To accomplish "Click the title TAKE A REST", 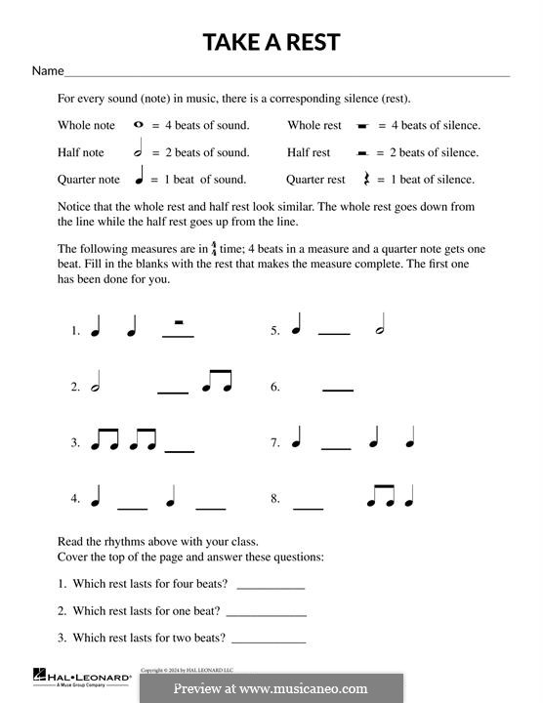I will pos(271,42).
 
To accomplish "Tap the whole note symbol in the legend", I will pos(138,125).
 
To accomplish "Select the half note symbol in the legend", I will pos(138,151).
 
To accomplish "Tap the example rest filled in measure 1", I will pos(178,323).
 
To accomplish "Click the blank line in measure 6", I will pos(338,391).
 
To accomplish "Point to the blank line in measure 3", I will pos(180,450).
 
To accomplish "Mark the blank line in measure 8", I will pos(308,508).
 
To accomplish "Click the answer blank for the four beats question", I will pos(271,589).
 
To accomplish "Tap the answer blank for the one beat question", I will pos(266,615).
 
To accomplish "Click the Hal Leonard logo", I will pos(82,677).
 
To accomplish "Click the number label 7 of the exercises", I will pos(275,443).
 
